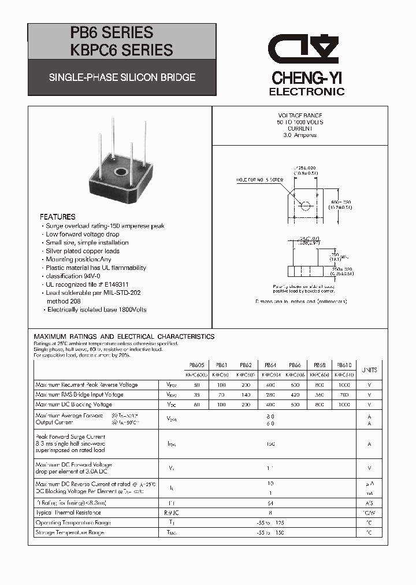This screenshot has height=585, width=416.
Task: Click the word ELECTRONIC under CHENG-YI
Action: coord(307,91)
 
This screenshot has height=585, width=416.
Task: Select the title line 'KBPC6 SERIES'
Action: coord(121,50)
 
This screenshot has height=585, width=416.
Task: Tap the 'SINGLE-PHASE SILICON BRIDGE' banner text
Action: coord(122,77)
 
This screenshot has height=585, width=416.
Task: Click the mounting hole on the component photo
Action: coord(121,172)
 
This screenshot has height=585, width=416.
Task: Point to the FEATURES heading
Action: coord(58,217)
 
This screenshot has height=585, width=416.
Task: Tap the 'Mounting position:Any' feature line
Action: coord(79,260)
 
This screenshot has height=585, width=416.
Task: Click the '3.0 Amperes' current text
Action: coord(300,135)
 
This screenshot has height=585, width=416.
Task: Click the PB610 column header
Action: coord(344,365)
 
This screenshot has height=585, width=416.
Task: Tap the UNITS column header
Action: coord(369,370)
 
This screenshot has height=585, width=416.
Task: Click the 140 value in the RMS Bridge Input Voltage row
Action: coord(246,394)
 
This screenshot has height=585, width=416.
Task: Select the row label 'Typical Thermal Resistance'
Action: coord(68,512)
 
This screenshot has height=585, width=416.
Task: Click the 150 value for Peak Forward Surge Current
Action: coord(270,445)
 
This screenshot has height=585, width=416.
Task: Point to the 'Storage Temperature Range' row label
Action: coord(69,532)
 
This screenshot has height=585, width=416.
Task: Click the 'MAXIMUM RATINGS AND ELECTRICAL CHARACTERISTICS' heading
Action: coord(124,336)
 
